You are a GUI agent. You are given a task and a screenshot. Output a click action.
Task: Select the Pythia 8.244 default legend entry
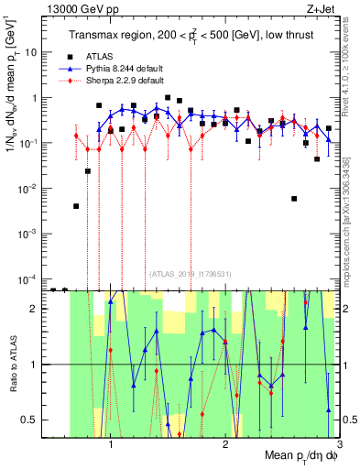pyautogui.click(x=119, y=68)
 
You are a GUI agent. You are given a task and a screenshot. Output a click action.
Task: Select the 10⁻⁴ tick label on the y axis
pyautogui.click(x=29, y=278)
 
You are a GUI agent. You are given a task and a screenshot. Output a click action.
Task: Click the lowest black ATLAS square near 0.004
pyautogui.click(x=76, y=206)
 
